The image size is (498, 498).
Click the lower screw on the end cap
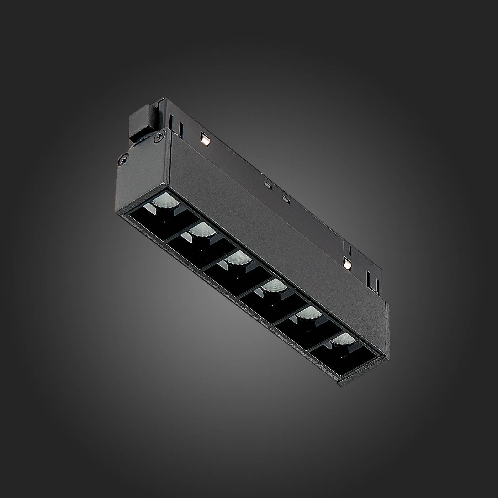124,159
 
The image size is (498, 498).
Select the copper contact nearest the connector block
205,140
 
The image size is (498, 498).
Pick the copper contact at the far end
347,263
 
